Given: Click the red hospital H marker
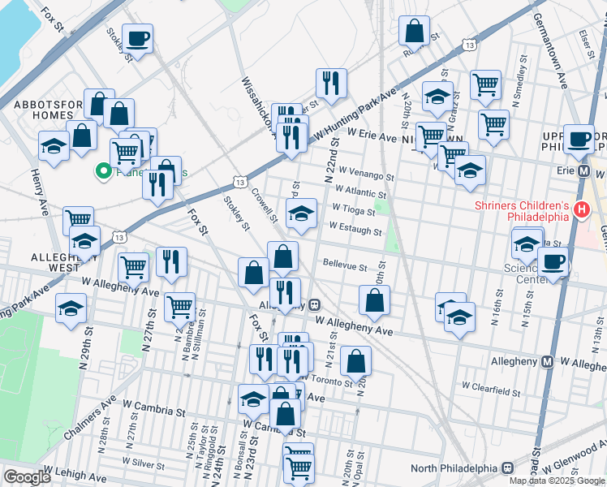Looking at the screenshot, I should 581,210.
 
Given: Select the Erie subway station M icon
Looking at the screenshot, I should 583,171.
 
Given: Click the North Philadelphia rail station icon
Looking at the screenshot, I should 508,468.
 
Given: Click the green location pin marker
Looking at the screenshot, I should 103,171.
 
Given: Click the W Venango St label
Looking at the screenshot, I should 367,175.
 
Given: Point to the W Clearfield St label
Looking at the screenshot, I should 490,391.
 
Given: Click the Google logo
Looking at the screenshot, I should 27,477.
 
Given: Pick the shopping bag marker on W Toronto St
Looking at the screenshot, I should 356,361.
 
